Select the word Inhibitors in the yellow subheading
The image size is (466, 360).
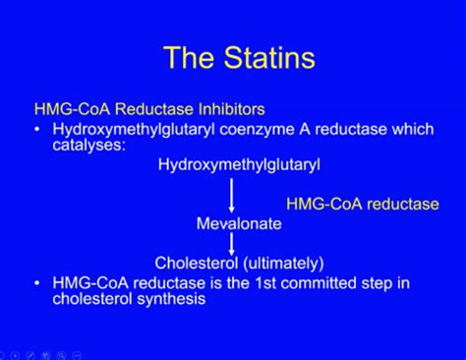[x=231, y=109]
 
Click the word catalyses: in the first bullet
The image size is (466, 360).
[x=89, y=145]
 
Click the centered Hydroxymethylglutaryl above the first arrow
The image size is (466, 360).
[x=239, y=164]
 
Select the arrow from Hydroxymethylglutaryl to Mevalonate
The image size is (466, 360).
[x=232, y=195]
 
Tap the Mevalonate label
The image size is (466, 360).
[x=239, y=223]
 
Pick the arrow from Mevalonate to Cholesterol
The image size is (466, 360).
[x=232, y=244]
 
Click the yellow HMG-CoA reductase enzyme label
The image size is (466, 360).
[x=363, y=204]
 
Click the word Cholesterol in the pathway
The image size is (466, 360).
[x=197, y=263]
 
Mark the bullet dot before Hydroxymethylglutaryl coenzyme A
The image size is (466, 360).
[x=38, y=130]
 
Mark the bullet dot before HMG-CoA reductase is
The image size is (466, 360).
[x=38, y=283]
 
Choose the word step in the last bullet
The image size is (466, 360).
[x=377, y=284]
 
